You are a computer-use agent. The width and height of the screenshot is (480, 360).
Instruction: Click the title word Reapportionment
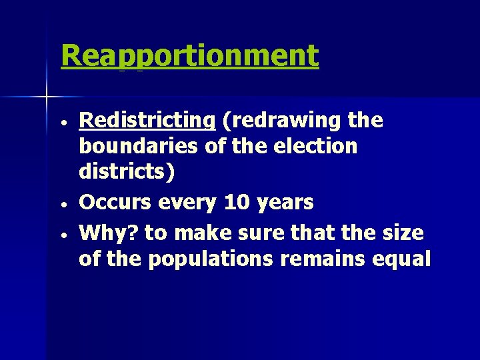(189, 56)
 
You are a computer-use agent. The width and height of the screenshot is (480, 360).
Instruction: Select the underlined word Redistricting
(147, 121)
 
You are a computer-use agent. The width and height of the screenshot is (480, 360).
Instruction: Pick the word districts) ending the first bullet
(127, 172)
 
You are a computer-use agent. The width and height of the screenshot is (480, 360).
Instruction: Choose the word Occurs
(115, 202)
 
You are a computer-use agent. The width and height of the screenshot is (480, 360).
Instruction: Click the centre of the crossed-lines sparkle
(47, 97)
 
